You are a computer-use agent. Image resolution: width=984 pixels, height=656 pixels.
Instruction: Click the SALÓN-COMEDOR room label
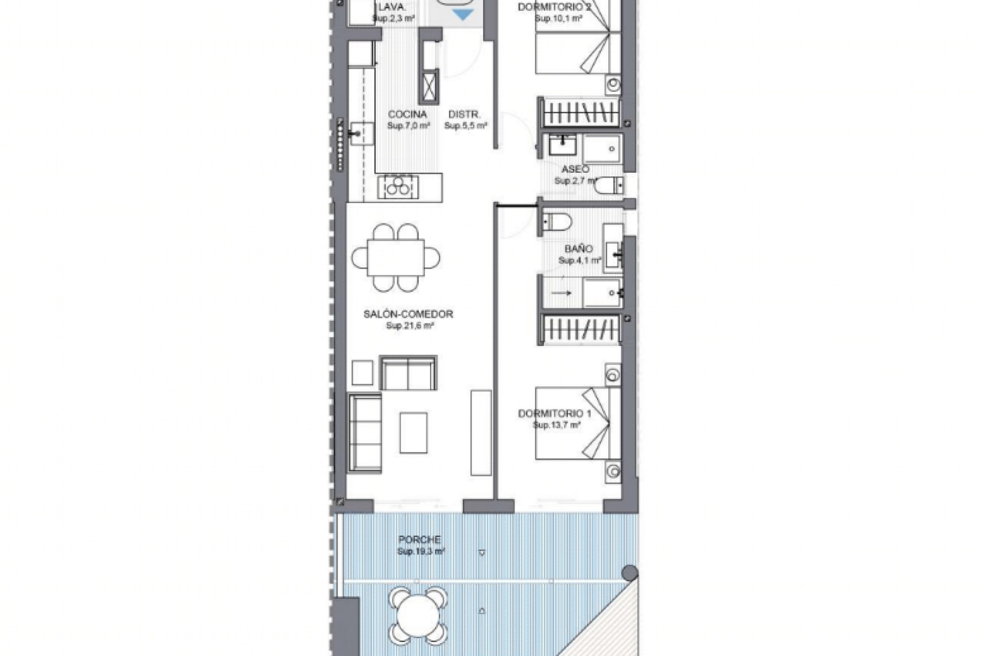coord(408,314)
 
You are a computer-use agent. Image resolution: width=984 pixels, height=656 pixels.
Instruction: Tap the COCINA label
coord(407,114)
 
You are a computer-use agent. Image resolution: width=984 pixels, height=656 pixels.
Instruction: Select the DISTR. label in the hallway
coord(464,114)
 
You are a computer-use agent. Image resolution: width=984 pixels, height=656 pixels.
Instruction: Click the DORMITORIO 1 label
coord(555,414)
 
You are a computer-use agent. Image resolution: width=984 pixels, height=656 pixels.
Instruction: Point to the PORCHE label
coord(419,540)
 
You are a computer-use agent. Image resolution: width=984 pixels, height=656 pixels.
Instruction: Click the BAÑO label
coord(579,249)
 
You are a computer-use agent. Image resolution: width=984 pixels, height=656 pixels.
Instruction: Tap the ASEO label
coord(575,169)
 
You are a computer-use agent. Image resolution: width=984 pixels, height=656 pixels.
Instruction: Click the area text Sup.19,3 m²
coord(421,552)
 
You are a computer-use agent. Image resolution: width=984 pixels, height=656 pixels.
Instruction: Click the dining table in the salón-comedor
coord(396,258)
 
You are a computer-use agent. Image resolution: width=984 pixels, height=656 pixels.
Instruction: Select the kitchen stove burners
coord(398,187)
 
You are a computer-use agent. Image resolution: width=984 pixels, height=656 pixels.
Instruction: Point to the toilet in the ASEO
coord(609,185)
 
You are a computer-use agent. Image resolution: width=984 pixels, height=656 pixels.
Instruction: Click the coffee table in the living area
coord(413,433)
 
